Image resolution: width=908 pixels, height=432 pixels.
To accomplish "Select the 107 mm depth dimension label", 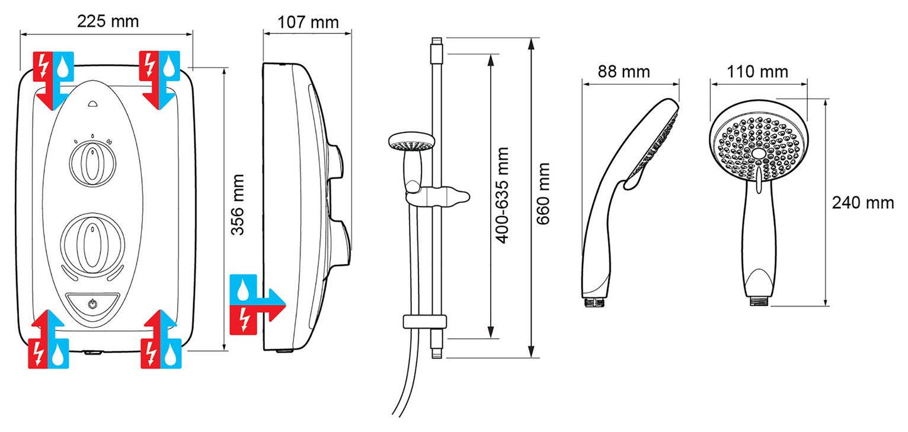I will (x=308, y=22).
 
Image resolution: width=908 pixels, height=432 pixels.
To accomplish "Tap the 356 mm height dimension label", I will (x=238, y=204).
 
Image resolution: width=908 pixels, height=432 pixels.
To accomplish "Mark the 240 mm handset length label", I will (x=862, y=203).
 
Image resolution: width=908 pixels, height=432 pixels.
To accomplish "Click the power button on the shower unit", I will (x=92, y=304).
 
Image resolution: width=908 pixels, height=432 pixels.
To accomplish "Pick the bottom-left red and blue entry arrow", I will (x=49, y=340).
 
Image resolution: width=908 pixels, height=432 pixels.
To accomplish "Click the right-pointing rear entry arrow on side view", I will (x=257, y=298).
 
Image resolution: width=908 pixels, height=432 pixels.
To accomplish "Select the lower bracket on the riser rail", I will (x=424, y=322).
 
